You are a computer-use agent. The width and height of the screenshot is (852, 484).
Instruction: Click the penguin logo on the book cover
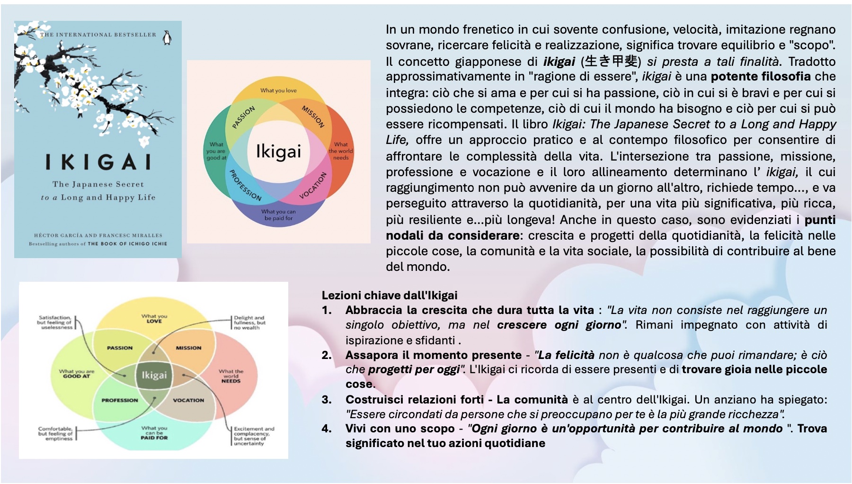click(x=167, y=38)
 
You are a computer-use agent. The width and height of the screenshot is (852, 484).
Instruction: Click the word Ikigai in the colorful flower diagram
click(x=278, y=151)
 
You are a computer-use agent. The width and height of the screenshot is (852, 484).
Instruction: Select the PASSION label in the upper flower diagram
click(x=243, y=117)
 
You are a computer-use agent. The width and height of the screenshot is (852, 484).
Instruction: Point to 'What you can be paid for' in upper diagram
click(x=278, y=215)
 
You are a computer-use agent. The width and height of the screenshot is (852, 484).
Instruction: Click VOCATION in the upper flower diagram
click(x=313, y=186)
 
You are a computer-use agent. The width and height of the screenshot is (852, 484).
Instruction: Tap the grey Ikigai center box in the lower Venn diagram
click(x=154, y=375)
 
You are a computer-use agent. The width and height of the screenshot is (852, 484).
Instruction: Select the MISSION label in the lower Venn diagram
click(x=188, y=348)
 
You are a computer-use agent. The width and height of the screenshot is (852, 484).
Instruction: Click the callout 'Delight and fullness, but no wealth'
click(x=249, y=323)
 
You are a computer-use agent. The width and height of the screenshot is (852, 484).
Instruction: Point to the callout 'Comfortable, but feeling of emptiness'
click(x=55, y=433)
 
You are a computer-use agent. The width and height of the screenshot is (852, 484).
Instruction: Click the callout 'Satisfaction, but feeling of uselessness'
click(x=54, y=323)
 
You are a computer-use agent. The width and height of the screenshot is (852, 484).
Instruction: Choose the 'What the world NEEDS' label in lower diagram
click(x=231, y=376)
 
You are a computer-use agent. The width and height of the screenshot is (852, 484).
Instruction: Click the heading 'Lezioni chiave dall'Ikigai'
click(x=389, y=296)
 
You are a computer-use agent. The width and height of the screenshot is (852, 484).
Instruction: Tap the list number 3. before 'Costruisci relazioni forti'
click(x=327, y=399)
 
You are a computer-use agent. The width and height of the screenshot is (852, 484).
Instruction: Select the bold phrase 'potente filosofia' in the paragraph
click(x=760, y=77)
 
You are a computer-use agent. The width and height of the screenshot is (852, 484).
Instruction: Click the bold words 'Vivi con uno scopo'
click(x=400, y=429)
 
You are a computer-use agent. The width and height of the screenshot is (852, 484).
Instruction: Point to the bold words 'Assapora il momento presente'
click(x=433, y=355)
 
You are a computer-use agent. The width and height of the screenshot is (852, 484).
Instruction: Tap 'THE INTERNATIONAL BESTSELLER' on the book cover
click(x=98, y=35)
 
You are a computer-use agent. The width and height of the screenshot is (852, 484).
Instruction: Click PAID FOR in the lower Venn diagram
click(x=154, y=438)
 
